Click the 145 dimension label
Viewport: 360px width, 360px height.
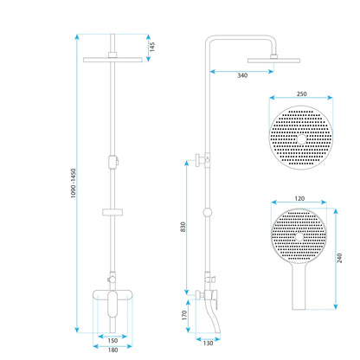pos(152,47)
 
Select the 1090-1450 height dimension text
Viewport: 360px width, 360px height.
pos(74,183)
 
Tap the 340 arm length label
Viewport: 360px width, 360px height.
pos(242,75)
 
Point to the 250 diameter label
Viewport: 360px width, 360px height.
pos(301,93)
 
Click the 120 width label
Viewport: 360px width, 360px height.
pos(299,198)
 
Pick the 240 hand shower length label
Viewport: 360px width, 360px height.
pos(339,258)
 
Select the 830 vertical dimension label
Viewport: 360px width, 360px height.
pos(183,228)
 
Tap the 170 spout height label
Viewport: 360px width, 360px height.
pos(184,315)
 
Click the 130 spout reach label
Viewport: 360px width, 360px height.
pos(208,343)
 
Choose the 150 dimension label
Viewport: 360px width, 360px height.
pos(112,340)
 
